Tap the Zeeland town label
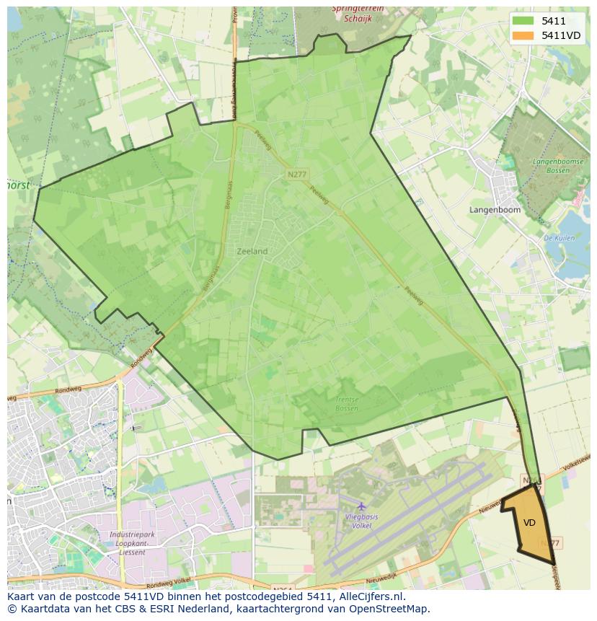252,252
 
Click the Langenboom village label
495,210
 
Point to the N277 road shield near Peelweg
296,175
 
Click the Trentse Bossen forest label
347,404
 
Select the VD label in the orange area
529,523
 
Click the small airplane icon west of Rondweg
135,428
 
